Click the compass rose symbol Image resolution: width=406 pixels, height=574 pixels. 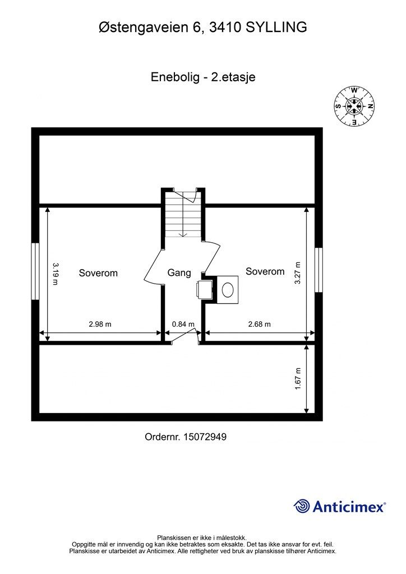point(354,106)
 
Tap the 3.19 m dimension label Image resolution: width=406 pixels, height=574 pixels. point(55,273)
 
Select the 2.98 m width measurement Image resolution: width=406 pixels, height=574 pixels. point(100,324)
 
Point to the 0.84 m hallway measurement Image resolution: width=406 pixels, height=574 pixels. point(183,324)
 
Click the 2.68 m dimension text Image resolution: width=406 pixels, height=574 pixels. point(259,324)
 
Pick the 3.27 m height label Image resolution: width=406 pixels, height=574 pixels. point(298,273)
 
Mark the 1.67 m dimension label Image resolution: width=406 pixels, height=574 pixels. point(298,378)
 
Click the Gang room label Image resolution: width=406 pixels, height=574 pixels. point(179,273)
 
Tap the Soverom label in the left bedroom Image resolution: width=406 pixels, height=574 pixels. point(98,273)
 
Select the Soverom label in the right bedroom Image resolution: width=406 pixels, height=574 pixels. point(265,271)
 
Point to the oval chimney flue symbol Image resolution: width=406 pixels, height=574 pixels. point(228,290)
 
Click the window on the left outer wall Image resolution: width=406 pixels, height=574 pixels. point(35,271)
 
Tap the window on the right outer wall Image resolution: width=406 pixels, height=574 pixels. point(319,270)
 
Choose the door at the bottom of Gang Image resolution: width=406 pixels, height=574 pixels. point(184,336)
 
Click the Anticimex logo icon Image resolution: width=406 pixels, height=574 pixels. point(302,506)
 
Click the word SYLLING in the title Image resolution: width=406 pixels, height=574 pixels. point(276,26)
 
